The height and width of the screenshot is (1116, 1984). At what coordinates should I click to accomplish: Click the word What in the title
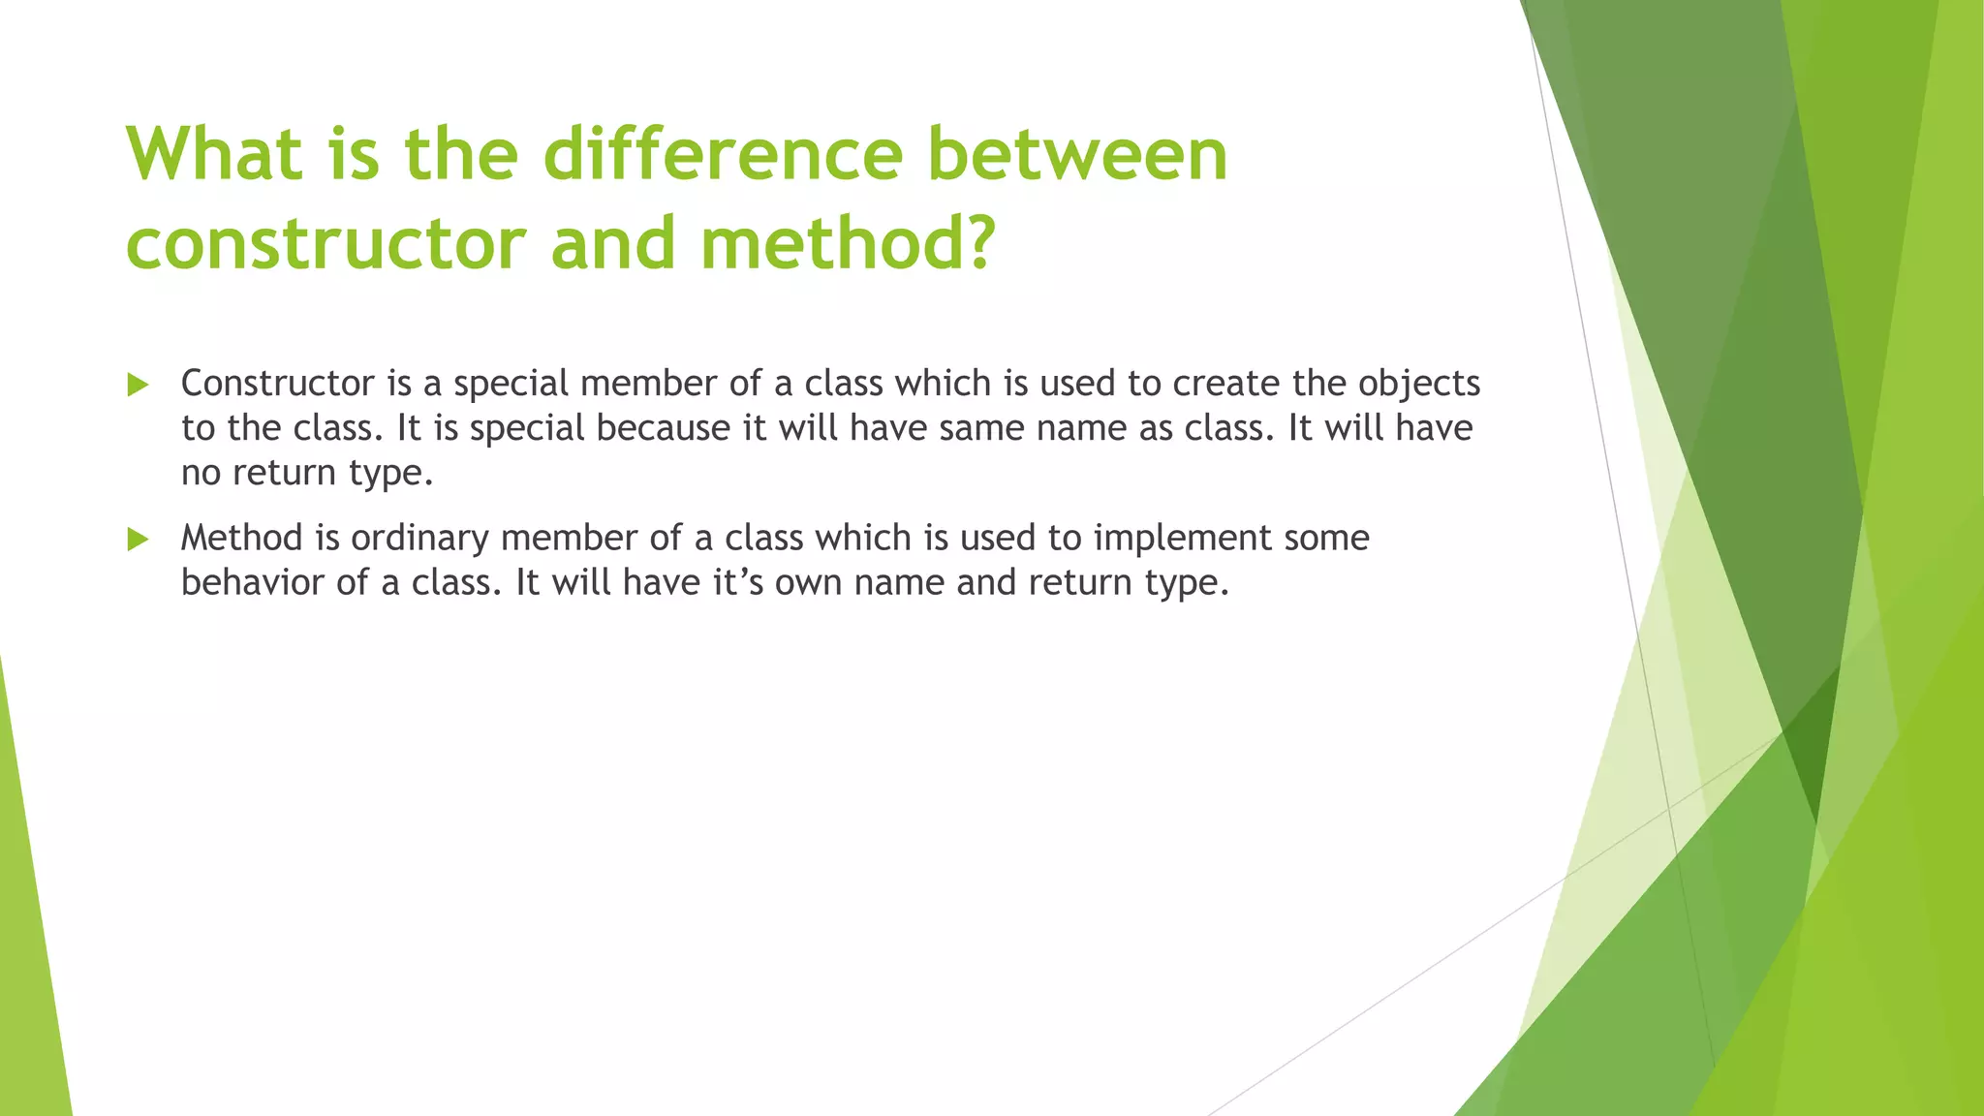click(214, 155)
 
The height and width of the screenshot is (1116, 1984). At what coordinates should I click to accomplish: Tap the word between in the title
click(1077, 155)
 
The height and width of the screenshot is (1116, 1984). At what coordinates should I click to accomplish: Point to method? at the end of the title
click(849, 244)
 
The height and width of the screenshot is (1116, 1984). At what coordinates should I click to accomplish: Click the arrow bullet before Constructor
click(138, 386)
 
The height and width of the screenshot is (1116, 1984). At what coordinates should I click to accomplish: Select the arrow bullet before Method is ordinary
click(138, 540)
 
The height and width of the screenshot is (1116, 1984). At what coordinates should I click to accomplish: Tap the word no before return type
click(201, 474)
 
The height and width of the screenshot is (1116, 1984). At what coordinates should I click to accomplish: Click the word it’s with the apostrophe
click(738, 582)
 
